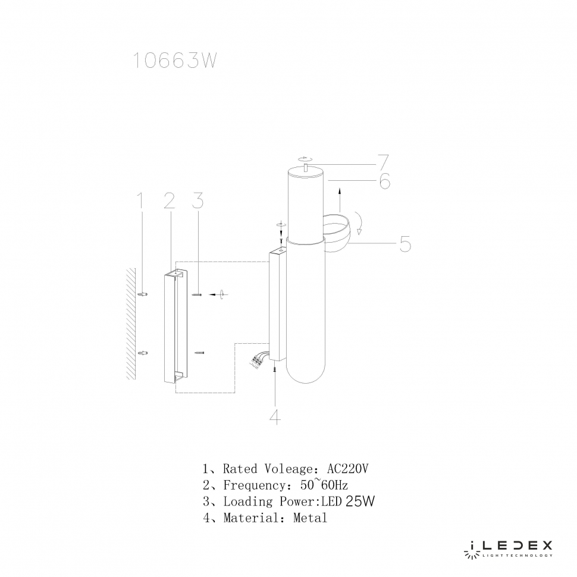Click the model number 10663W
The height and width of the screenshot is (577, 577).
tap(174, 60)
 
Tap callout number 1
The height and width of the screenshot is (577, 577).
tap(139, 200)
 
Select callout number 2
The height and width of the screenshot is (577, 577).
tap(170, 200)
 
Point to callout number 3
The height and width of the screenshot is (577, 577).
tap(198, 200)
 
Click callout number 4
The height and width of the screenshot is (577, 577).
tap(275, 416)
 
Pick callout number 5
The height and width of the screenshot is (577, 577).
tap(405, 244)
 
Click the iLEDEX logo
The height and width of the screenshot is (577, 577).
tap(508, 548)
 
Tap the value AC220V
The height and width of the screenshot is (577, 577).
tap(347, 469)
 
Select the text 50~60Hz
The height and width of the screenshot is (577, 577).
tap(324, 485)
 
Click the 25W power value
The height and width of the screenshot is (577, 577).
tap(360, 501)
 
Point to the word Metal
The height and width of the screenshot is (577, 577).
tap(310, 518)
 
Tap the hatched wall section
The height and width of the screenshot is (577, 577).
tap(131, 324)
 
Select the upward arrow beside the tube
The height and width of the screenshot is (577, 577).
tap(340, 200)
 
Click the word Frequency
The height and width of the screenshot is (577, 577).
tap(254, 485)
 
